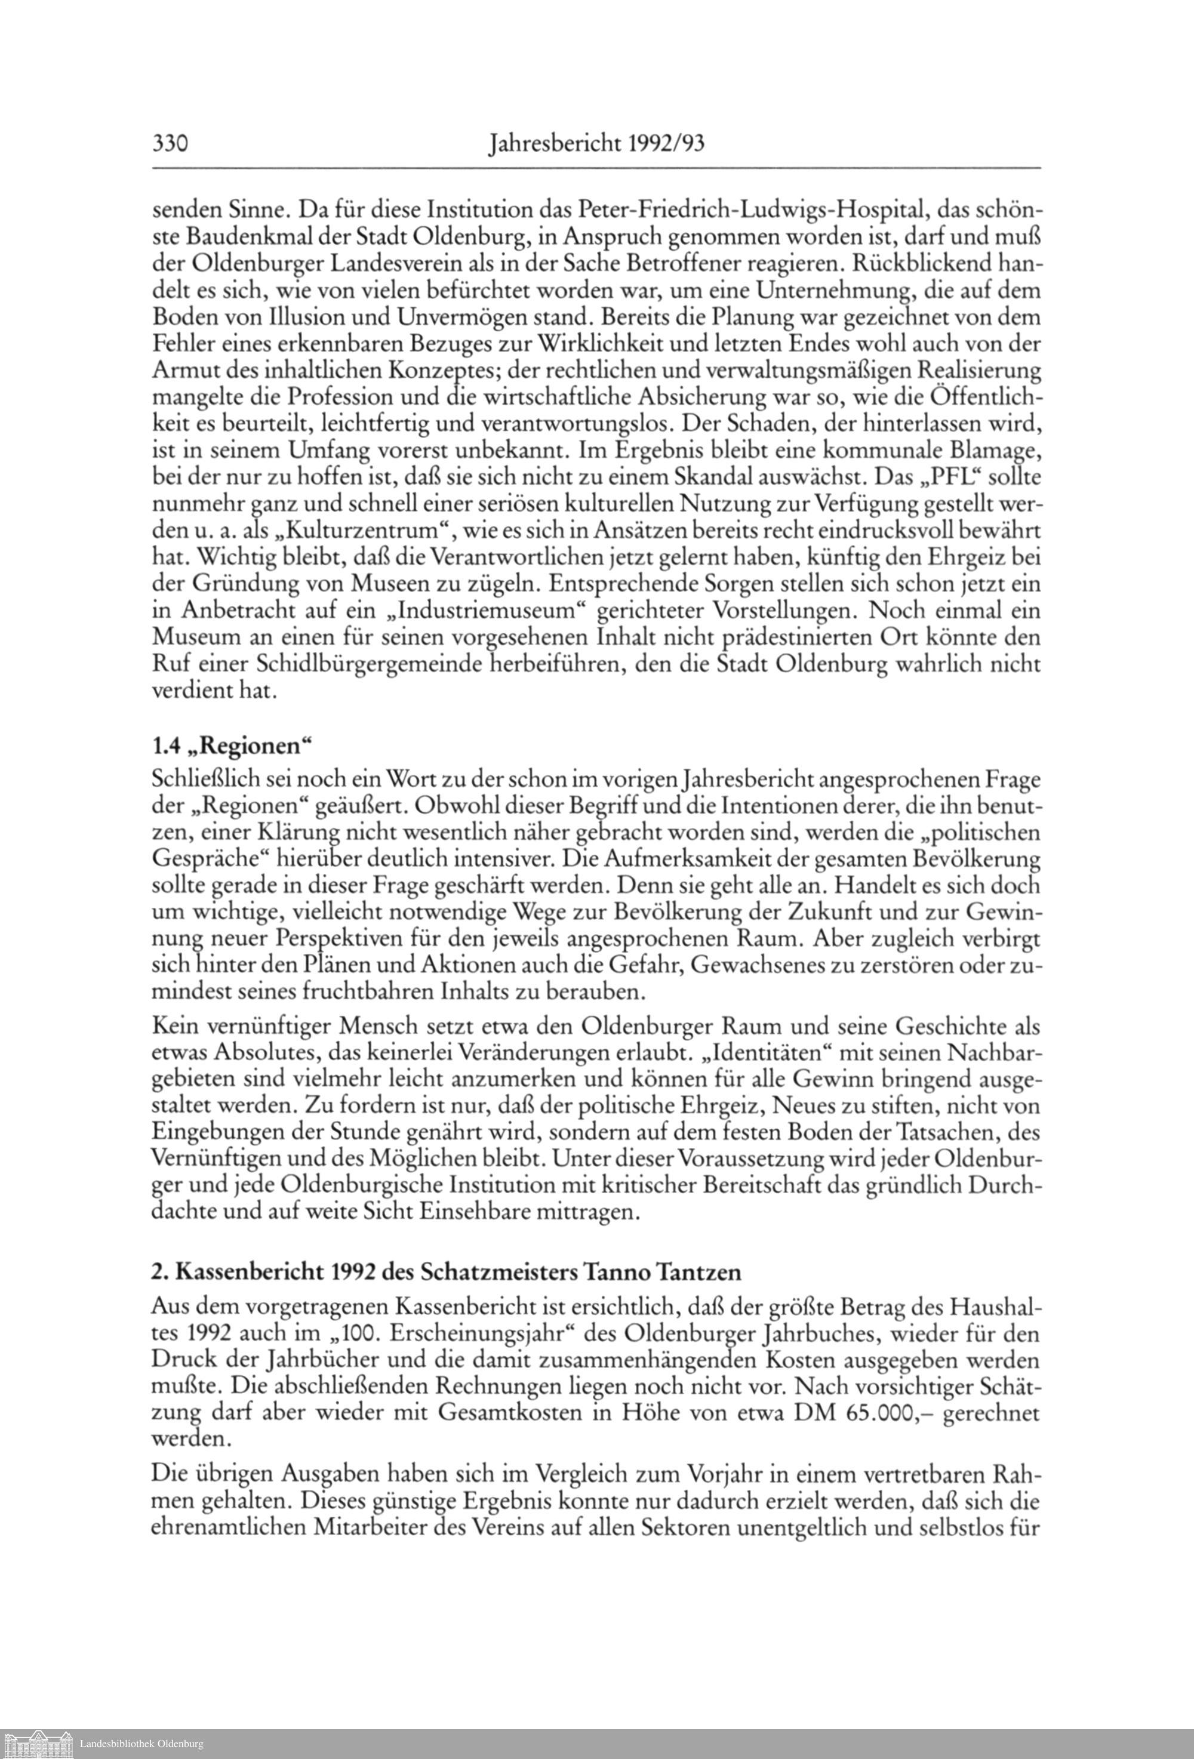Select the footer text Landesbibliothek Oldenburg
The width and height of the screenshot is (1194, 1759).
[141, 1745]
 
